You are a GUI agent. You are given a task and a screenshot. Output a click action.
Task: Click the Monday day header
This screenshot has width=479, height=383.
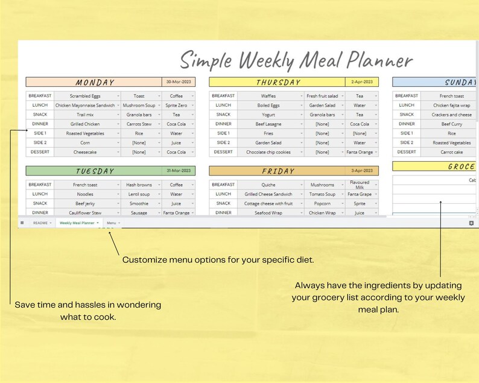point(95,82)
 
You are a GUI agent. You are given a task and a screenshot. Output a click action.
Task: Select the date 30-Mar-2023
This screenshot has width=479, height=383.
point(179,82)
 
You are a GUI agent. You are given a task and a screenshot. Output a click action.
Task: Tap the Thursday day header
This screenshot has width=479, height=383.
point(278,82)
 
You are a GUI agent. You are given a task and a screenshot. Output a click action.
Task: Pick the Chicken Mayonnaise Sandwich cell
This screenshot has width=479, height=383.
point(85,105)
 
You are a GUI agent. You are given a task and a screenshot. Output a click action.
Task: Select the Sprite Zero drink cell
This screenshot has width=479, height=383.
point(176,105)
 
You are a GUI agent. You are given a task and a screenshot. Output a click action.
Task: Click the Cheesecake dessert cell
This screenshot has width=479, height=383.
point(85,152)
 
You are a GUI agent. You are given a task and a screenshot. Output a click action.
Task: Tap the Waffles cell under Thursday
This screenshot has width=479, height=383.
point(269,96)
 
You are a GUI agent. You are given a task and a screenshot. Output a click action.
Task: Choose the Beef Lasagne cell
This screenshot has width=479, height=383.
point(269,124)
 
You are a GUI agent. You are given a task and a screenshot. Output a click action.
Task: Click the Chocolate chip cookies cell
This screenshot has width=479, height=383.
point(269,152)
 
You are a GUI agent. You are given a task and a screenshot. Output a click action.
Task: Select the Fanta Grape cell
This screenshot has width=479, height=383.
point(360,194)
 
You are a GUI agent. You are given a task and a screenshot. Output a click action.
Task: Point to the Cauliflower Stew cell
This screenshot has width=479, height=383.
point(85,212)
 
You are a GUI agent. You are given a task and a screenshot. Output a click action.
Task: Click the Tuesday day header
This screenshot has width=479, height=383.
point(95,171)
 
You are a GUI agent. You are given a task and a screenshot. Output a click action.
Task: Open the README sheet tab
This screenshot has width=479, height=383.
point(40,223)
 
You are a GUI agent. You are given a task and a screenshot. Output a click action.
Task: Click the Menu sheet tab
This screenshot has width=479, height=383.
point(112,223)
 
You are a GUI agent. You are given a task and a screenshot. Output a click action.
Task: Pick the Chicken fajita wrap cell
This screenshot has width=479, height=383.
point(452,105)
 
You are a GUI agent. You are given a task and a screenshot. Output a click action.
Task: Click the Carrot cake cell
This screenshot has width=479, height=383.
point(452,152)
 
